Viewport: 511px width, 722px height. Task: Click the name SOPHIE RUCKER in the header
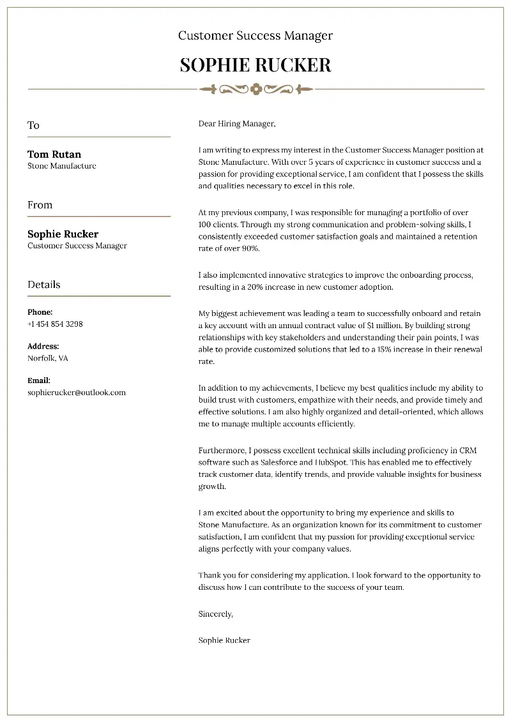pyautogui.click(x=256, y=65)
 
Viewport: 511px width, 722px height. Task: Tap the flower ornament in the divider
pyautogui.click(x=256, y=89)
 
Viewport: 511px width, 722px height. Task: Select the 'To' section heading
pyautogui.click(x=33, y=125)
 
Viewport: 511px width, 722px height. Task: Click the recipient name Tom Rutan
pyautogui.click(x=54, y=154)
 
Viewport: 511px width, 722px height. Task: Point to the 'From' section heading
pyautogui.click(x=40, y=205)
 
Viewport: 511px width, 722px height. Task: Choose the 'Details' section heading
pyautogui.click(x=44, y=285)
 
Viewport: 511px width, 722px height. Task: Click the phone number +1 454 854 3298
pyautogui.click(x=55, y=324)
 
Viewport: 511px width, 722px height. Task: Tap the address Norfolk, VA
pyautogui.click(x=48, y=358)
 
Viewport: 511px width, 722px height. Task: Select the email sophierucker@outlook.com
pyautogui.click(x=77, y=393)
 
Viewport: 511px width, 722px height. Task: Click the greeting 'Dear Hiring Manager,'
pyautogui.click(x=236, y=123)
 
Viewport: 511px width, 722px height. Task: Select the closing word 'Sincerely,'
pyautogui.click(x=216, y=613)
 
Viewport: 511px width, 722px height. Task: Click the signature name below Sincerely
pyautogui.click(x=224, y=640)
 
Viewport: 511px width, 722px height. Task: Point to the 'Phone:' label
pyautogui.click(x=40, y=312)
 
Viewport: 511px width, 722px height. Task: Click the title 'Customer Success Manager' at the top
pyautogui.click(x=256, y=36)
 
